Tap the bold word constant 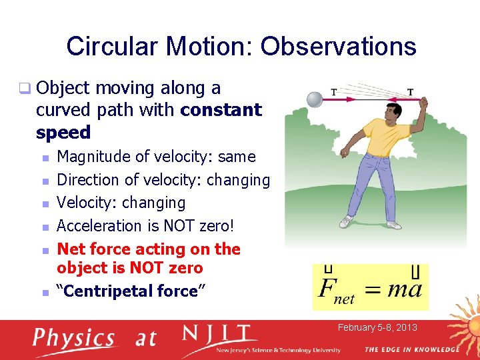221,110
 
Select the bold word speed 63,132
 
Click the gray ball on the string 314,99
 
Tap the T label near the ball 334,91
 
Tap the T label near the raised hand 409,92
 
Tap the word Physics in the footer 74,339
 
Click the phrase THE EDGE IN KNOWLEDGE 411,349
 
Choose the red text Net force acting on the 149,249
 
